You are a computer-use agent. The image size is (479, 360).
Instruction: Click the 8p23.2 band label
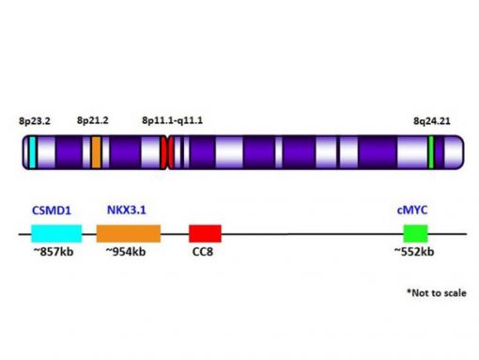tap(36, 121)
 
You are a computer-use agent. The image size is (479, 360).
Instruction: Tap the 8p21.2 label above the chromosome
tap(92, 121)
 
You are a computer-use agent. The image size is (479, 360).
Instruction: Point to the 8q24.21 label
tap(431, 121)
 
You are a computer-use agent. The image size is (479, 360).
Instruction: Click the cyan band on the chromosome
tap(32, 152)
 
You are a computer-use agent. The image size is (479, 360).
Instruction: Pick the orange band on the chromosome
tap(96, 152)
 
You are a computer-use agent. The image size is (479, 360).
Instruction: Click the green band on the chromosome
tap(431, 152)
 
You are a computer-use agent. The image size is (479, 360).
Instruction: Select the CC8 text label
tap(204, 253)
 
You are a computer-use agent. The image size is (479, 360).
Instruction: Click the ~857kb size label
tap(53, 252)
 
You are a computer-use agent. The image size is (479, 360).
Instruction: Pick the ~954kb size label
tap(125, 252)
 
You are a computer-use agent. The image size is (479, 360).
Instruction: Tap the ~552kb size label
tap(414, 252)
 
